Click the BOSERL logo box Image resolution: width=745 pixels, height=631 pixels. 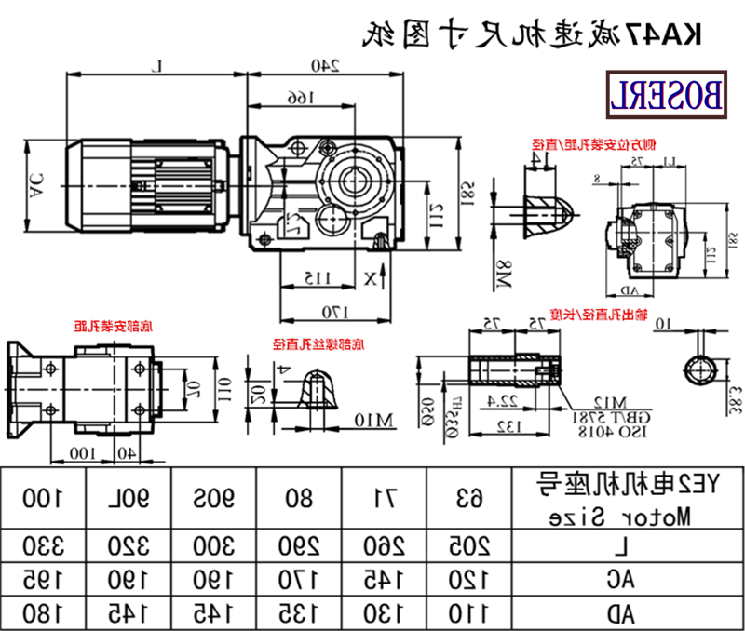click(666, 95)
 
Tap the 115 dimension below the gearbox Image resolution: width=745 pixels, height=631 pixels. click(318, 277)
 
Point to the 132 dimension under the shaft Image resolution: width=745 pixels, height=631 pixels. click(508, 427)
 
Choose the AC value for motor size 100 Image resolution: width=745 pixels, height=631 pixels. click(44, 580)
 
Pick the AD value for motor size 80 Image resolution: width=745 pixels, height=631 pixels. click(300, 611)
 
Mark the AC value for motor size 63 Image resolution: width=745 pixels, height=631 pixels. click(472, 580)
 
